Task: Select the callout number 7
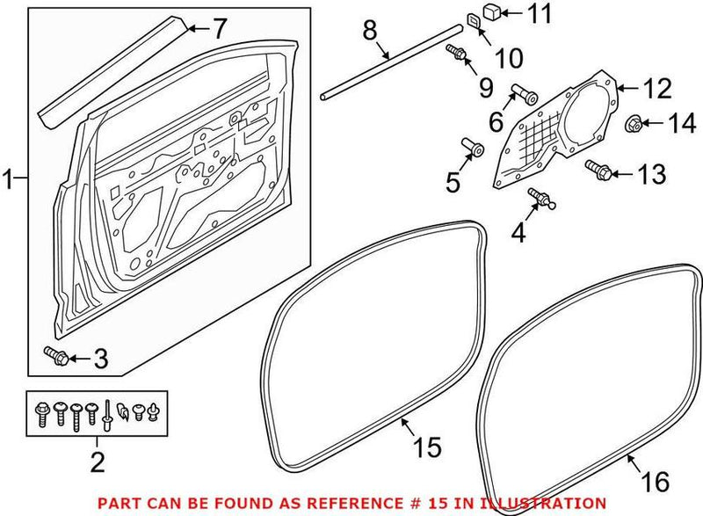(219, 30)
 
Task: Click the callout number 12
(656, 88)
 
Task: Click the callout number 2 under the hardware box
(98, 461)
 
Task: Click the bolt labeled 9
(456, 52)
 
